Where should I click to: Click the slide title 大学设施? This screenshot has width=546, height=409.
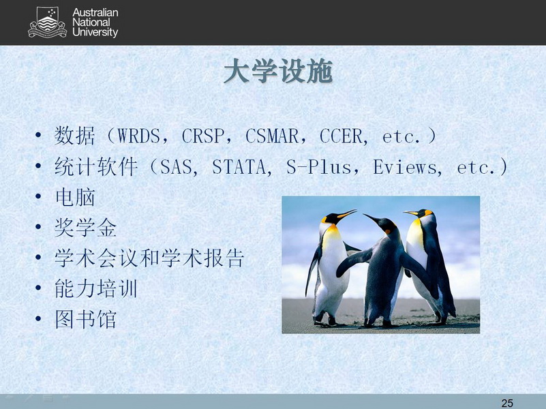tap(278, 72)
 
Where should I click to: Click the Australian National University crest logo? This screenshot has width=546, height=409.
tap(47, 22)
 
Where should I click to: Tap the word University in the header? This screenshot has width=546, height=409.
tap(95, 32)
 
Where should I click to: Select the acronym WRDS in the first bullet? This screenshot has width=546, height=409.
tap(138, 136)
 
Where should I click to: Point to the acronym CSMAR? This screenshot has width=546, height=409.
tap(272, 136)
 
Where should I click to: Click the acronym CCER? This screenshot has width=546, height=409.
tap(341, 136)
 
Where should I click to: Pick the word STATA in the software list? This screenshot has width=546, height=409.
tap(239, 167)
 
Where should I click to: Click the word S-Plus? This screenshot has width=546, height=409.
tap(318, 167)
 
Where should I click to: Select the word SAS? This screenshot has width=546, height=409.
tap(176, 167)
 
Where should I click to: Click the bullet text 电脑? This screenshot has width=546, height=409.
tap(75, 198)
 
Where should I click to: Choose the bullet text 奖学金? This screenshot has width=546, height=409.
tap(85, 228)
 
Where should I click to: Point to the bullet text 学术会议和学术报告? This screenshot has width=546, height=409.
tap(149, 258)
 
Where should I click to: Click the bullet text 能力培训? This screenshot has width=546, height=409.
tap(95, 288)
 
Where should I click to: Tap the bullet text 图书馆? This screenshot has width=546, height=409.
tap(85, 319)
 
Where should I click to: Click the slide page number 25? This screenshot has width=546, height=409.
tap(507, 403)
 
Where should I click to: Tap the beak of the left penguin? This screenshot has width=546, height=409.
tap(347, 214)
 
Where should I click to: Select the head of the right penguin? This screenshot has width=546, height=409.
tap(422, 213)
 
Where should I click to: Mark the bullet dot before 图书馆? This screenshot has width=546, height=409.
tap(38, 319)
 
